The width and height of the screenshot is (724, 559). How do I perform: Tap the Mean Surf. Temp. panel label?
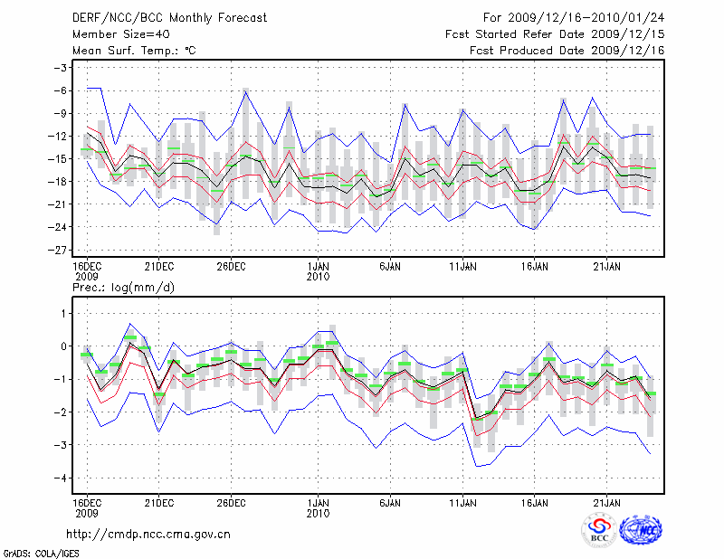(x=134, y=51)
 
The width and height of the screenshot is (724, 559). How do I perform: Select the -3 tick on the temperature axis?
(x=61, y=68)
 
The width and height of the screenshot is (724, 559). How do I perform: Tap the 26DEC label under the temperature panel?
(x=231, y=266)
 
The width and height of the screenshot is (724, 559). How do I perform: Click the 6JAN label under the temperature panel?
(x=390, y=266)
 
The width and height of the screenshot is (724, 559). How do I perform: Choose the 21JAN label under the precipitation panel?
(x=606, y=502)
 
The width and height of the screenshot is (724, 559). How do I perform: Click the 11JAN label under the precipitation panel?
(x=462, y=502)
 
